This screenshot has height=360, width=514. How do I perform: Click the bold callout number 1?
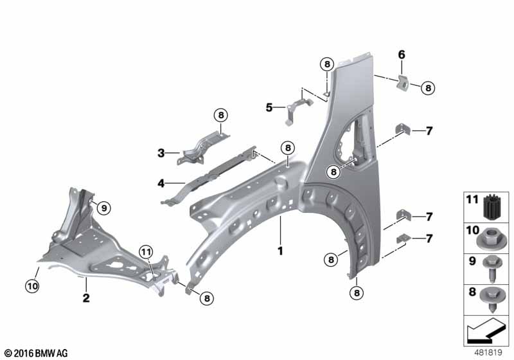coord(280,251)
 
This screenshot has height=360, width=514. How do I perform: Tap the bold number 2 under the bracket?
coord(86,298)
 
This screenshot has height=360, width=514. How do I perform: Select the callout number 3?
coord(161,153)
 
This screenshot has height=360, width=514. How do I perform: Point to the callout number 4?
coord(161,183)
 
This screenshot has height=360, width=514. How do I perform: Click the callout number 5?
coord(269,107)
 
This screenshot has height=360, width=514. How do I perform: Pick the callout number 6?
coord(402,55)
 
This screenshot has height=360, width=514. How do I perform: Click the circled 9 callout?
coord(104,208)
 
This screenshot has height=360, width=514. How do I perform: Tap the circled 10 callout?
coord(32,286)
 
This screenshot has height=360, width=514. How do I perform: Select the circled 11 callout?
coord(146,252)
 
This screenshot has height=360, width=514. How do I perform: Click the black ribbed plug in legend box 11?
coord(490,209)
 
